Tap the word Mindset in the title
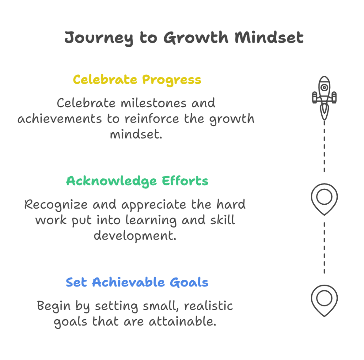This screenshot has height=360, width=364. pos(269,37)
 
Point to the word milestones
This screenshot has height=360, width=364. pos(154,103)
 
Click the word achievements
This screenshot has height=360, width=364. pos(60,119)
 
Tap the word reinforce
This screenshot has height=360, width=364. pos(151,119)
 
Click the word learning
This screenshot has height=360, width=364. pos(151,220)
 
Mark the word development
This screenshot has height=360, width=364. pos(135,236)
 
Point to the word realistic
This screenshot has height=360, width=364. pos(208,306)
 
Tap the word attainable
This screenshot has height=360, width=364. pos(182,322)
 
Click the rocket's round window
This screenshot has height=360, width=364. pos(324,87)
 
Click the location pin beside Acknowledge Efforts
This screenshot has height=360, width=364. pos(324,199)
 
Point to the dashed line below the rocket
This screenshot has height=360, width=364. pos(324,146)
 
